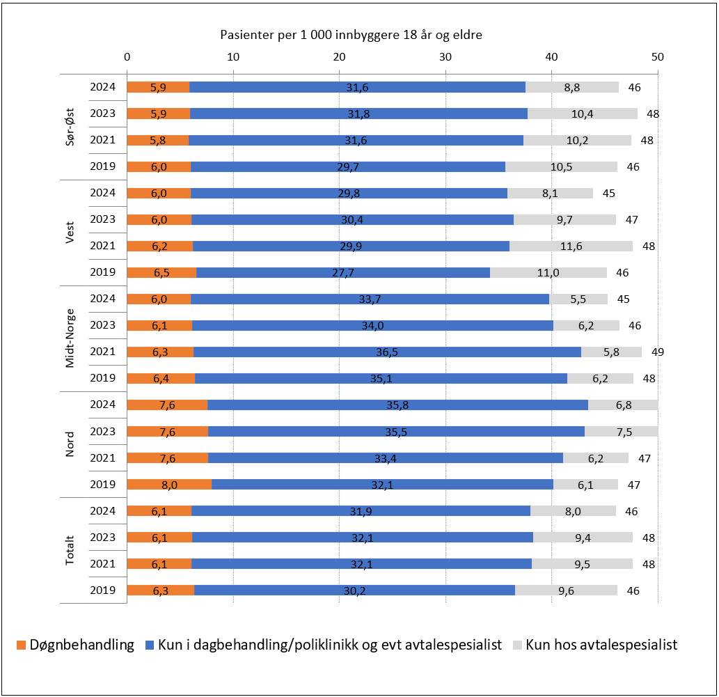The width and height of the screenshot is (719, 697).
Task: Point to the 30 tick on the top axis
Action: click(445, 56)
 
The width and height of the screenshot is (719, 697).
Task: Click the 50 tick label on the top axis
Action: click(657, 56)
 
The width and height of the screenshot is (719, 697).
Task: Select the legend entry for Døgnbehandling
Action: click(74, 645)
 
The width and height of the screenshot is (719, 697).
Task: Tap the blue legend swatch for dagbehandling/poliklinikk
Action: click(149, 645)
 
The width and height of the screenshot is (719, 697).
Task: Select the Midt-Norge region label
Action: click(70, 338)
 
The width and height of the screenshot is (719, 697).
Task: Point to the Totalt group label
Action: click(70, 550)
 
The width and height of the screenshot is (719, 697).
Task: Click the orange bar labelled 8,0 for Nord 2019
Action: click(169, 485)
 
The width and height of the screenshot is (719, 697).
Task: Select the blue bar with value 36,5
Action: click(387, 352)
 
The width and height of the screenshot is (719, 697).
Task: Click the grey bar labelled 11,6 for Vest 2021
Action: click(571, 246)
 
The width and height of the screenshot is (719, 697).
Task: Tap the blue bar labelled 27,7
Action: click(343, 273)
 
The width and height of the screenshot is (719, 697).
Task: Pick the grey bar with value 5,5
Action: click(578, 299)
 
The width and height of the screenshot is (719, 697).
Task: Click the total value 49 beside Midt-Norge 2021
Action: click(658, 352)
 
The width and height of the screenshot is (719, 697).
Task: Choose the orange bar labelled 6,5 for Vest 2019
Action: click(161, 273)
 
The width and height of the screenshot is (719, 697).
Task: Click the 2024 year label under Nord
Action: click(102, 405)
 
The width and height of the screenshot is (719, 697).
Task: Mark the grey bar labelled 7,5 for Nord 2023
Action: click(621, 432)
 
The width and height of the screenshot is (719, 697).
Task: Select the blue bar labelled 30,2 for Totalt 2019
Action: click(354, 590)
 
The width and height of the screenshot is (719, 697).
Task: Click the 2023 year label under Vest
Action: click(102, 219)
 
